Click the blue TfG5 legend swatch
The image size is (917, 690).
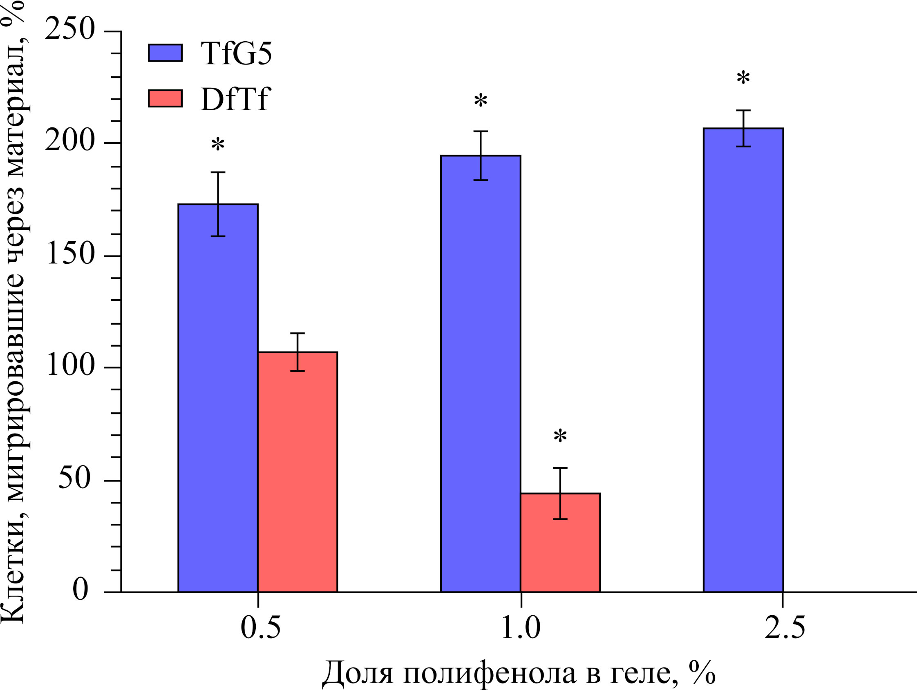(x=166, y=53)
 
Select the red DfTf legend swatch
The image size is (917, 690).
(x=166, y=98)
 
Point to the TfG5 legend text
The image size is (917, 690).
(x=236, y=54)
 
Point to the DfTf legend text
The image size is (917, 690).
(x=235, y=99)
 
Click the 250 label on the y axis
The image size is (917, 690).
(x=70, y=30)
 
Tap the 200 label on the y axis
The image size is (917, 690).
(x=70, y=142)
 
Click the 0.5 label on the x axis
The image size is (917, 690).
(x=260, y=628)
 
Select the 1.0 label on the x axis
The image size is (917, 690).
(x=521, y=628)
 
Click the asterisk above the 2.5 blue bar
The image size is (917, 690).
(x=743, y=78)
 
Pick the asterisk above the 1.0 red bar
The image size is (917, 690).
(x=560, y=436)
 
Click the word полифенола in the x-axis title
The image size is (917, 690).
(x=490, y=673)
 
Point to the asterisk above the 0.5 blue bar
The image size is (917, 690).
(x=218, y=145)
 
